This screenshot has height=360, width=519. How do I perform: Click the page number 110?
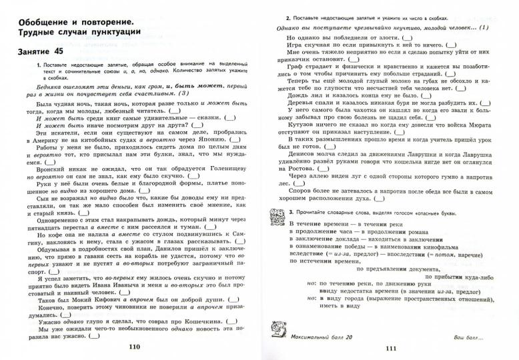(x=135, y=346)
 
